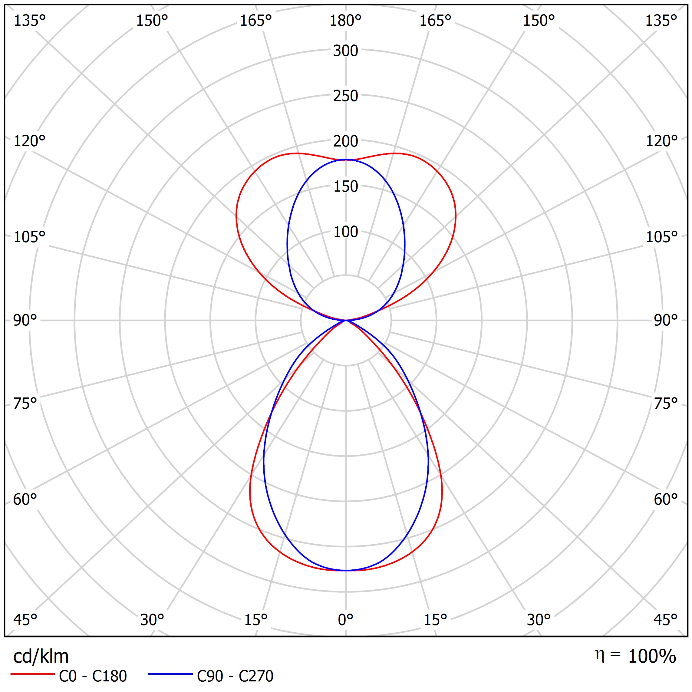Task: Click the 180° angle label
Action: click(x=345, y=21)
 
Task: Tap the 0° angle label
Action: click(x=345, y=619)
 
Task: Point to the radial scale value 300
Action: click(x=345, y=51)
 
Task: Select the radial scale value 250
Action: click(x=345, y=96)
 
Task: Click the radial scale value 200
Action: click(x=345, y=141)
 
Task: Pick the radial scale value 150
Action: click(x=345, y=186)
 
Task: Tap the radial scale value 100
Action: click(x=345, y=232)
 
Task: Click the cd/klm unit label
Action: click(x=41, y=657)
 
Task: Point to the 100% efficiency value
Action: click(x=652, y=656)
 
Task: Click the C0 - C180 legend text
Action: click(x=93, y=676)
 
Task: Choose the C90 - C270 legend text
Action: click(x=235, y=676)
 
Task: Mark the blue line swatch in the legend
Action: click(x=170, y=674)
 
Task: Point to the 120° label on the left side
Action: click(x=29, y=141)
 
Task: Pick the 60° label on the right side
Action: click(x=665, y=499)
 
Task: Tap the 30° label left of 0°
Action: click(x=152, y=619)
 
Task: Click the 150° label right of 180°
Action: click(x=539, y=21)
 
